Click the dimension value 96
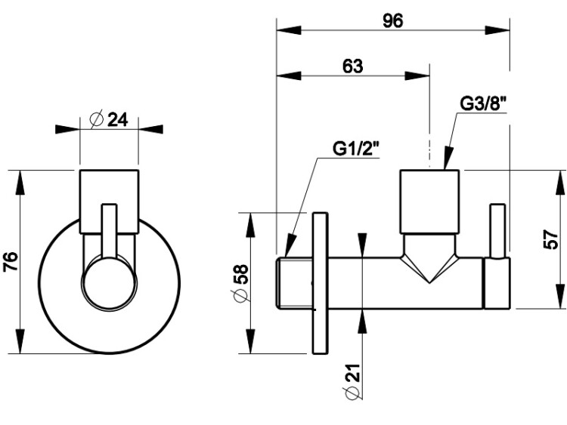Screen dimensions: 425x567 [x=392, y=20]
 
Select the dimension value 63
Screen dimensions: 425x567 [x=352, y=66]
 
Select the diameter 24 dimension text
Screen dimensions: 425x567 [x=109, y=120]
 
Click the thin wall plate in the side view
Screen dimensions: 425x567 [x=321, y=283]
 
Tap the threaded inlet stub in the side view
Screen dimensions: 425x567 [x=296, y=283]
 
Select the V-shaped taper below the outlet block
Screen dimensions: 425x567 [x=429, y=260]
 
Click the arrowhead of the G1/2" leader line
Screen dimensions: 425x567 [x=288, y=249]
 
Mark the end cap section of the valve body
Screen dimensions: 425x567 [x=496, y=283]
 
